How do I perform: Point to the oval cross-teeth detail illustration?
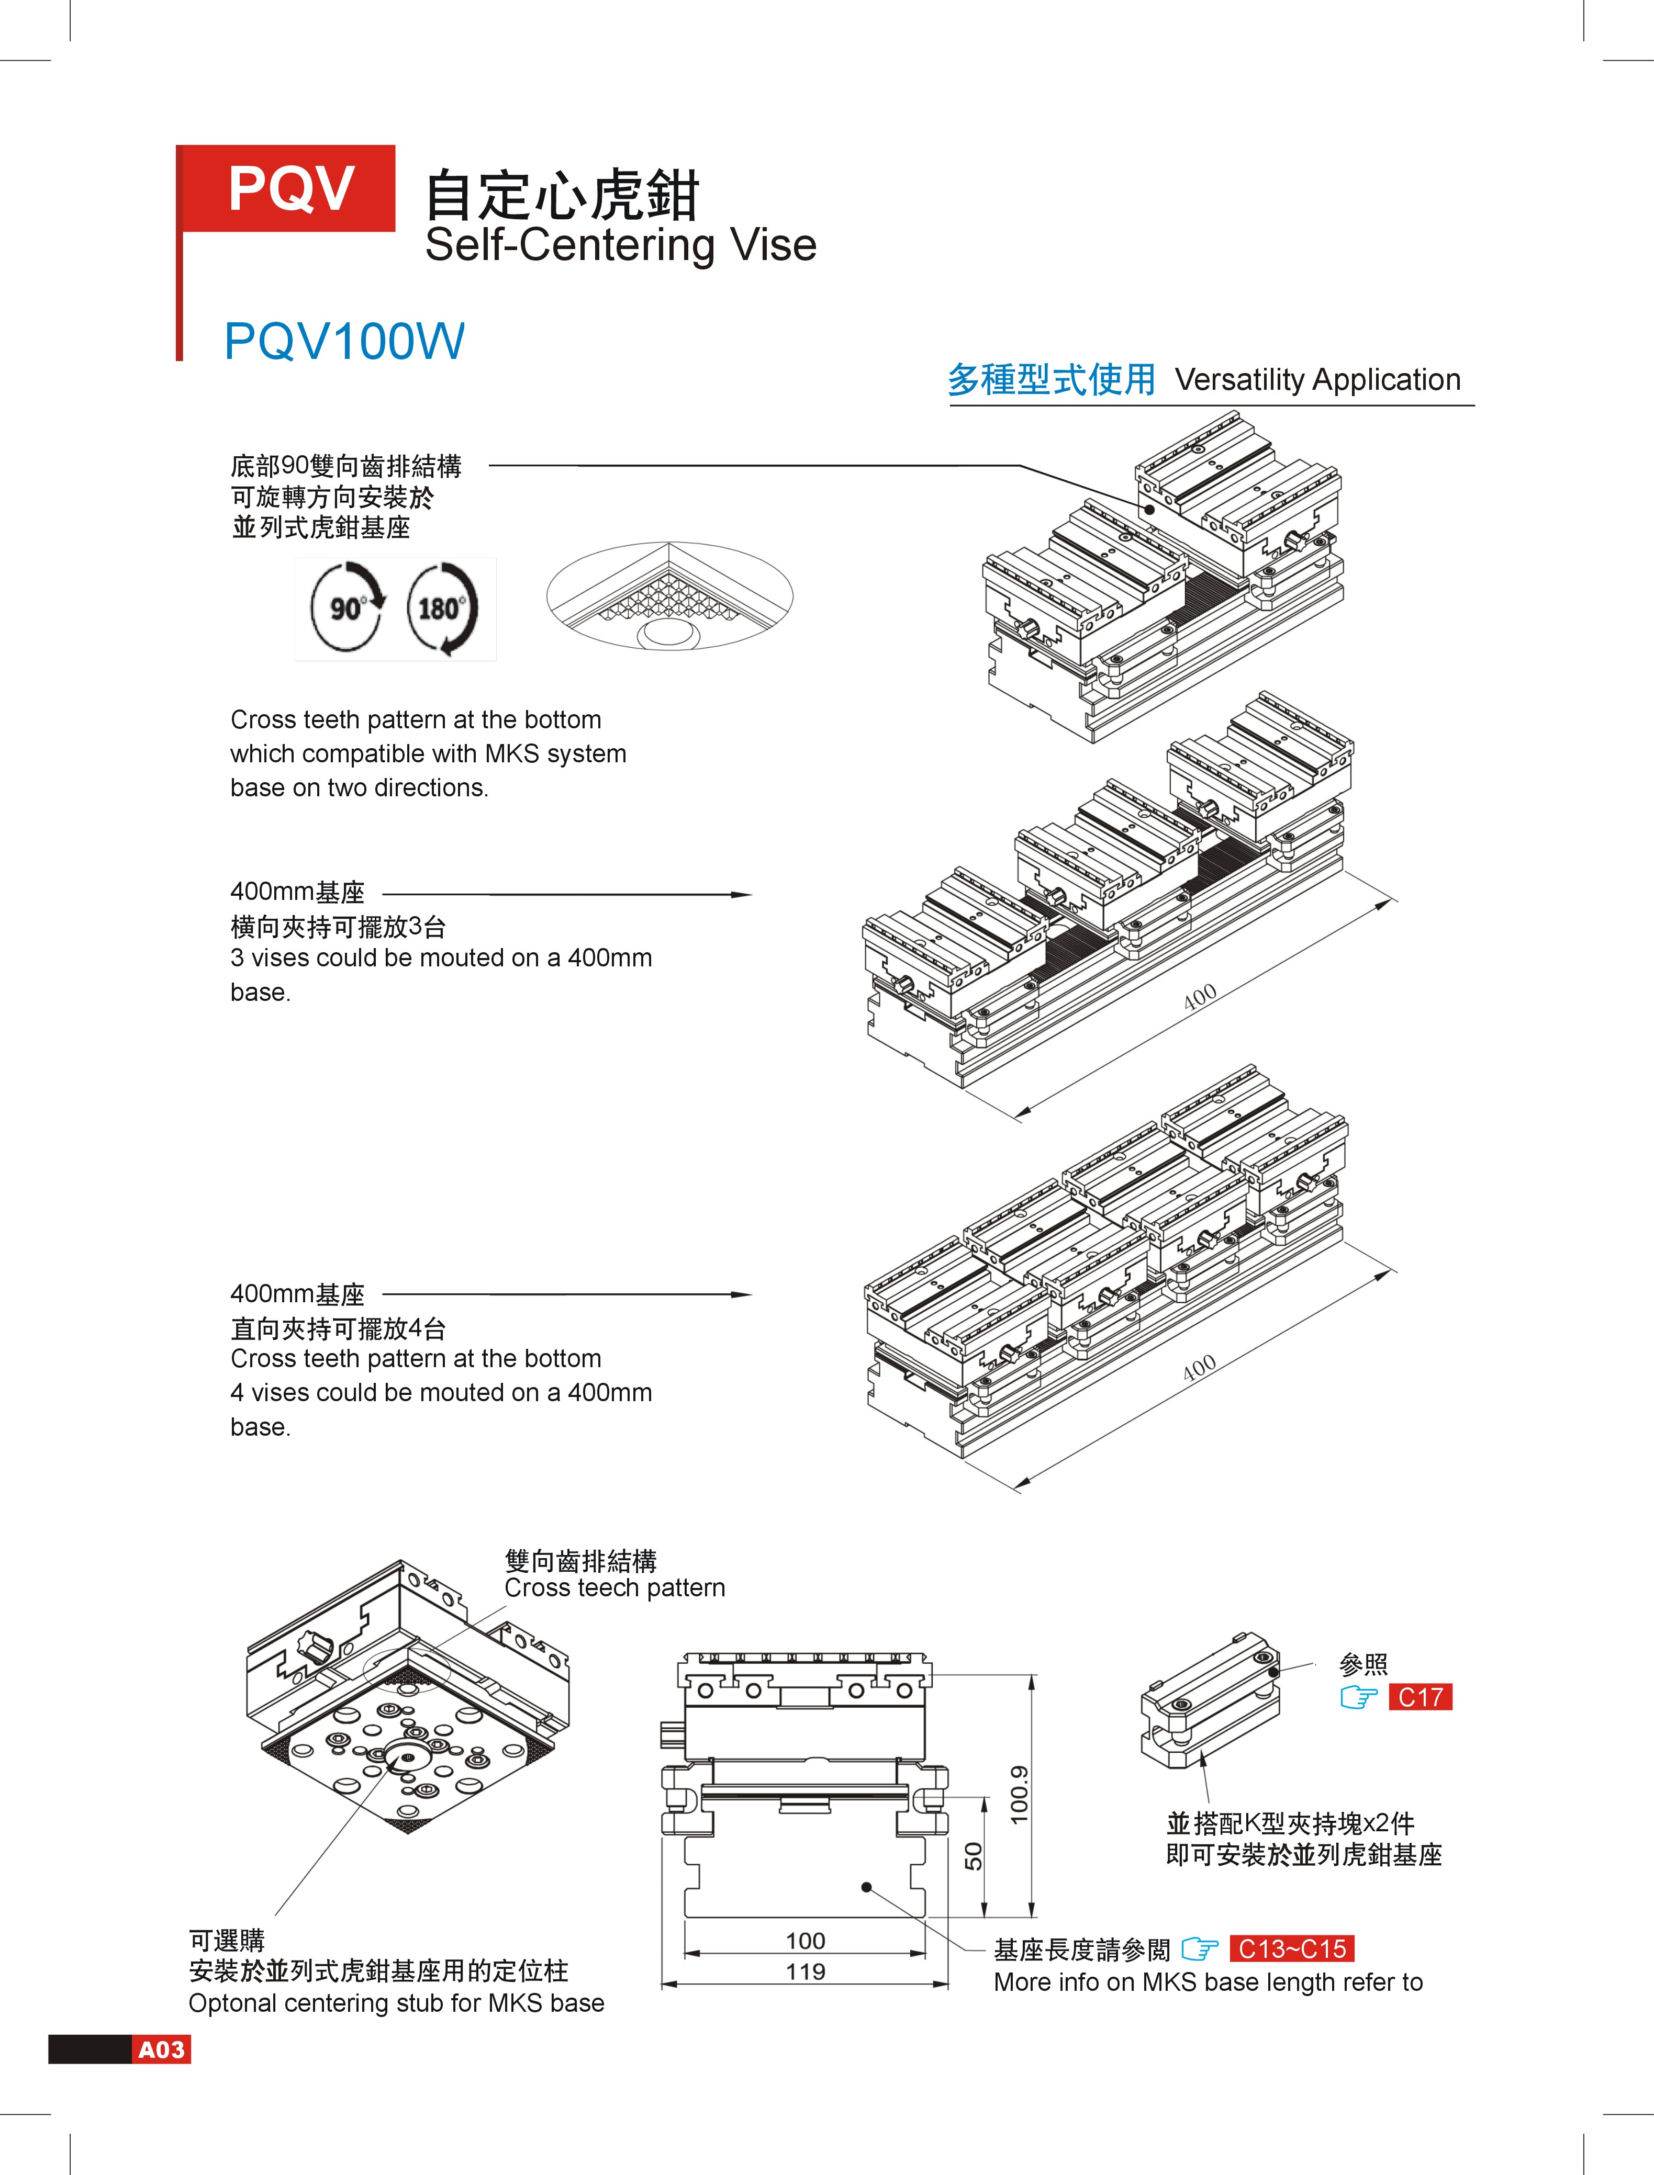[669, 596]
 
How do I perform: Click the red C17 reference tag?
[1420, 1697]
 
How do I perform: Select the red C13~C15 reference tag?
[1292, 1948]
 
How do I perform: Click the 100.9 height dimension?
[1019, 1793]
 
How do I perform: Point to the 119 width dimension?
[806, 1971]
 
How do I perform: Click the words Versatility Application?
[1317, 380]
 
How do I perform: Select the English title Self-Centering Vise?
[620, 245]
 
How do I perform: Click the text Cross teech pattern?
[614, 1587]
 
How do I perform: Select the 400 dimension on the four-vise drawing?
[1199, 1368]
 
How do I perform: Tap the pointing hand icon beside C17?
[1359, 1697]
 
